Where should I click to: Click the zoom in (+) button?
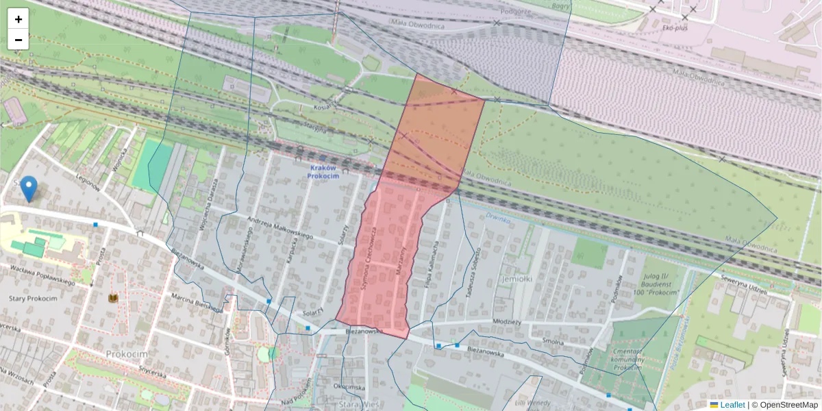(x=18, y=19)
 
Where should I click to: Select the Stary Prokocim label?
(x=33, y=298)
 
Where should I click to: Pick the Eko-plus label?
(x=693, y=29)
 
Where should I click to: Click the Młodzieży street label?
(x=507, y=321)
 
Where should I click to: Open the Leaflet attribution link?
(x=732, y=405)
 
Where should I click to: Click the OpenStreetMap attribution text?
(x=788, y=405)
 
